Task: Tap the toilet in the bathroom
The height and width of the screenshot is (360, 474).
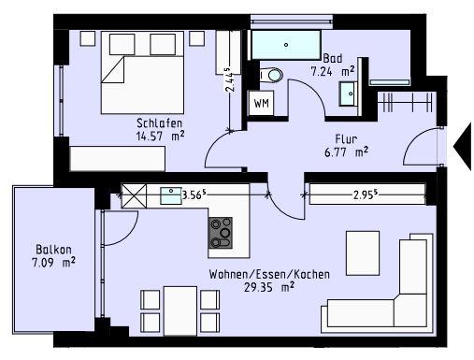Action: pos(272,76)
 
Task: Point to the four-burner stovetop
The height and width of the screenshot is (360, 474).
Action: pos(222,233)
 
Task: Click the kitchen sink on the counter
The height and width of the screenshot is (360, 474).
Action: pos(171,195)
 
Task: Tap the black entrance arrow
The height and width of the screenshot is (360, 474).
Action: pos(463,147)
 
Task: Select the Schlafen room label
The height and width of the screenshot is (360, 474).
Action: pos(158,122)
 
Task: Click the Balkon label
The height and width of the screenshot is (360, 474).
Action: pos(51,250)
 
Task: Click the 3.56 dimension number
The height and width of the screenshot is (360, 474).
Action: pos(196,195)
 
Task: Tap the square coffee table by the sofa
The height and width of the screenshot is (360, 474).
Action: pos(362,250)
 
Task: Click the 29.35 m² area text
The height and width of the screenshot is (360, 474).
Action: pos(255,287)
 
